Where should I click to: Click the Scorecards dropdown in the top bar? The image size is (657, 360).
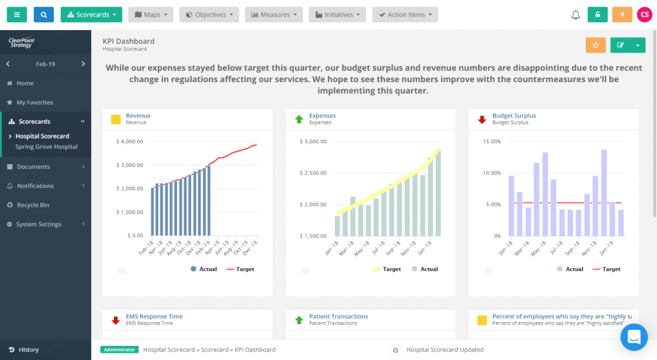coord(91,15)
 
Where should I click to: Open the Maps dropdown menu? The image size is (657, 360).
coord(151,15)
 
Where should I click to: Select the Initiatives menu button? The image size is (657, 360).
coord(337,15)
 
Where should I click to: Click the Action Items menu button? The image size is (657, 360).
coord(405,15)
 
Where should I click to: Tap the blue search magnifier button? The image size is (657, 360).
coord(44,15)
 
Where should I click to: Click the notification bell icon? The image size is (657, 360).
coord(576,15)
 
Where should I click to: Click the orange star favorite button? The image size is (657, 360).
coord(595,45)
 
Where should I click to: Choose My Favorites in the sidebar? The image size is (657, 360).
coord(35,103)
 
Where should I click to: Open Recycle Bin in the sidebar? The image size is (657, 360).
coord(33,205)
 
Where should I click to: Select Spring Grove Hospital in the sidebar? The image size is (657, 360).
coord(47,147)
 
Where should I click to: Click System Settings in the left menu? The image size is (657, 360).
coord(38,225)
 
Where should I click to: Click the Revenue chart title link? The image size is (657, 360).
coord(138,116)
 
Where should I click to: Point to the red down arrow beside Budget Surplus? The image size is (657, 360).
coord(482,119)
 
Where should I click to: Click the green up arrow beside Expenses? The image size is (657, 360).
coord(298,119)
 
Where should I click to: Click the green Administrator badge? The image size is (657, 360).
coord(119,350)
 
